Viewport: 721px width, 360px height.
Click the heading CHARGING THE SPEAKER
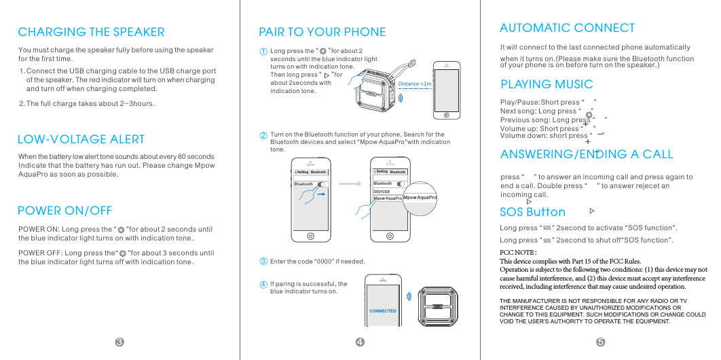coord(91,32)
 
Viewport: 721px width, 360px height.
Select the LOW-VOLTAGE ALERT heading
coord(81,139)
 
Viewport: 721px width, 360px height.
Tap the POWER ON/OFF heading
coord(64,211)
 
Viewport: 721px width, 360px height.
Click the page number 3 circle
coord(119,342)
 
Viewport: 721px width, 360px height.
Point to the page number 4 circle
coord(360,342)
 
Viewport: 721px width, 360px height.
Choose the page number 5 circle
coord(600,342)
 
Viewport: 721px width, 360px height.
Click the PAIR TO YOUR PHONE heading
coord(322,32)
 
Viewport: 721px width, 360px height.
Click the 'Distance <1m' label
coord(415,84)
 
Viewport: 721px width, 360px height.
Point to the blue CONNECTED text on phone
coord(383,310)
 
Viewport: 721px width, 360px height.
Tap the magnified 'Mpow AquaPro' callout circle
coord(419,198)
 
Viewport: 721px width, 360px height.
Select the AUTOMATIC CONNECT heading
coord(567,28)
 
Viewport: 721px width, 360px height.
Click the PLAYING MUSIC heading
coord(547,84)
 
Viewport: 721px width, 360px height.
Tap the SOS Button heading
coord(532,212)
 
